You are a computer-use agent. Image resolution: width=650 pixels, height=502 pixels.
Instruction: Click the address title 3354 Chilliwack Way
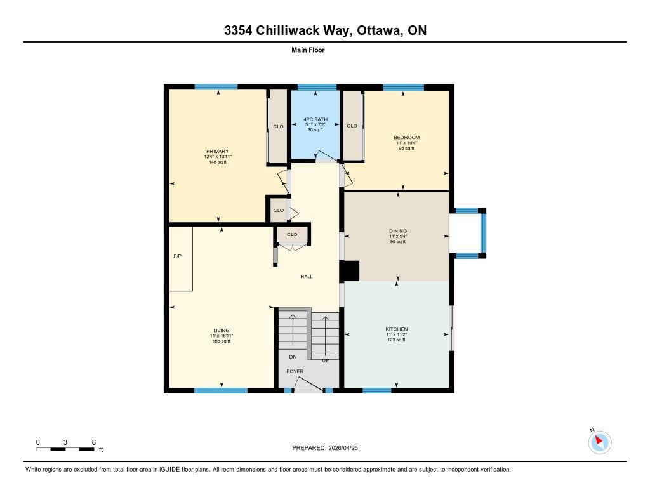[x=289, y=30]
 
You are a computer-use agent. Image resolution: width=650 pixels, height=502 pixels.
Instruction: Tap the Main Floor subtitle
[x=308, y=50]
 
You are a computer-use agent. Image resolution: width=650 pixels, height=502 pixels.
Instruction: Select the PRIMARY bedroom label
[x=218, y=151]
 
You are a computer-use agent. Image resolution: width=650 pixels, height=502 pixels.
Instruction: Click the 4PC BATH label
[x=315, y=119]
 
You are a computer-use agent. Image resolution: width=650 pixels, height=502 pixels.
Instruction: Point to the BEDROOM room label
[x=407, y=138]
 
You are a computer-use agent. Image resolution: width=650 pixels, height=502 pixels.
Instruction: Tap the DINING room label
[x=398, y=231]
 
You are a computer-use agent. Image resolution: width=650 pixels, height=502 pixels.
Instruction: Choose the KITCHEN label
[x=397, y=329]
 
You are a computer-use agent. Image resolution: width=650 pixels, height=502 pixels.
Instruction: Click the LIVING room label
[x=222, y=331]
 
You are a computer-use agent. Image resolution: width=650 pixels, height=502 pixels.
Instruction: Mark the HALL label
[x=307, y=277]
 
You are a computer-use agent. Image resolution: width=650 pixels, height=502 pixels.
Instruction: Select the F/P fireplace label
[x=178, y=256]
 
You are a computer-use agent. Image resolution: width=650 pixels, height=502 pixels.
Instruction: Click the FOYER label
[x=295, y=371]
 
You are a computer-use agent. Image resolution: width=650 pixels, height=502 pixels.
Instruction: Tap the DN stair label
[x=293, y=357]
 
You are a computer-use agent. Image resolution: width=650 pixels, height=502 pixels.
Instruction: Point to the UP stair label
[x=326, y=360]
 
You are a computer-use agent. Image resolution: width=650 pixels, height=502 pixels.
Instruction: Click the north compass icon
[x=599, y=442]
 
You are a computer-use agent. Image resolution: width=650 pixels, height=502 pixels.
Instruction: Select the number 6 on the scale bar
[x=94, y=442]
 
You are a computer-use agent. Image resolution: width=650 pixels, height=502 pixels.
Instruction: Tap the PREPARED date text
[x=325, y=448]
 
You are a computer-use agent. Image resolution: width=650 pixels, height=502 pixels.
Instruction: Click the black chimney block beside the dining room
[x=350, y=271]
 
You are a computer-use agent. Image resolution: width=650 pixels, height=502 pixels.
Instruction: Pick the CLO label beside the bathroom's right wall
[x=352, y=126]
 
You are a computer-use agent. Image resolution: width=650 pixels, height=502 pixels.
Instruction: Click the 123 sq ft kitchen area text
[x=397, y=340]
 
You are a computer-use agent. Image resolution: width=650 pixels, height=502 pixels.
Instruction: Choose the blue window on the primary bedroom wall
[x=216, y=87]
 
